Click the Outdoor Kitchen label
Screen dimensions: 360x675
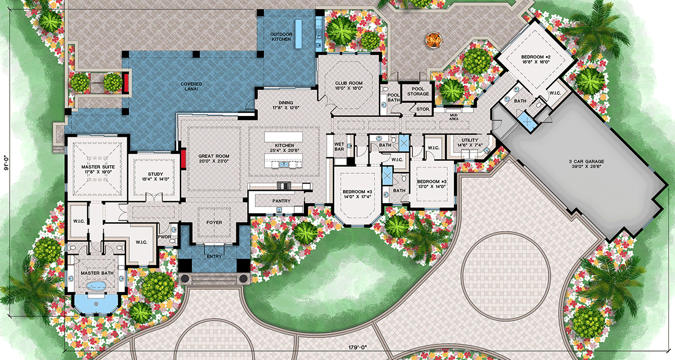pos(281,37)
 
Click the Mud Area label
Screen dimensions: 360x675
pos(453,118)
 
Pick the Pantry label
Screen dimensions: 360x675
pos(281,200)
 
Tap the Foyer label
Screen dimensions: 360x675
pos(214,222)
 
